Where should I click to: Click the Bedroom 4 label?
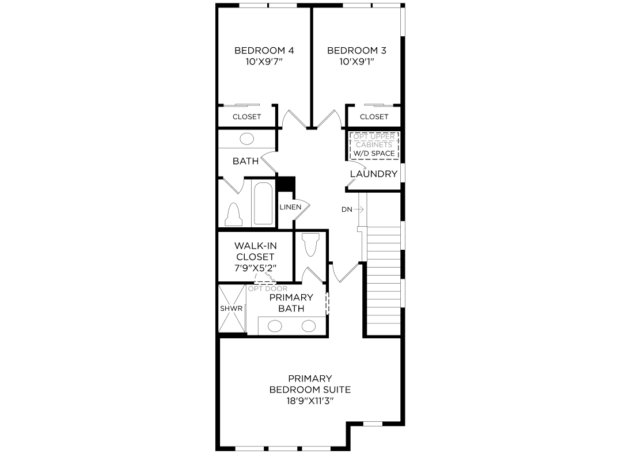click(x=264, y=51)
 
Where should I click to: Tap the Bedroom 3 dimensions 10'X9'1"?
click(x=356, y=61)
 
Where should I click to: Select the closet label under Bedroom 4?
click(x=246, y=117)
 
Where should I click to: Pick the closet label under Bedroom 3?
click(x=374, y=117)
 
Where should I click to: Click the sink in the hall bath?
click(x=246, y=139)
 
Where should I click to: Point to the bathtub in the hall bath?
click(x=264, y=204)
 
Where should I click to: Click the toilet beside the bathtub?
click(x=234, y=215)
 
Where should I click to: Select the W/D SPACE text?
click(x=374, y=154)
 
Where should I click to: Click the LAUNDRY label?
click(x=374, y=174)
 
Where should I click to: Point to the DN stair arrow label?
click(x=347, y=209)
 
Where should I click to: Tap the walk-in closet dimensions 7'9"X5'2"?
click(x=255, y=268)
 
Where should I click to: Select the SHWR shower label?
click(x=232, y=308)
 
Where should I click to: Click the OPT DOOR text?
click(x=268, y=288)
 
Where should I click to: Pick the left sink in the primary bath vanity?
click(x=275, y=326)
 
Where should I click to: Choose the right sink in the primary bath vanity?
click(x=309, y=326)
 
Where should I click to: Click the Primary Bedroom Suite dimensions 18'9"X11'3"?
click(x=310, y=400)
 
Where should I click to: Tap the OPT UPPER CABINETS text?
click(x=374, y=140)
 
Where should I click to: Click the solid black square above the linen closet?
click(x=286, y=183)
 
